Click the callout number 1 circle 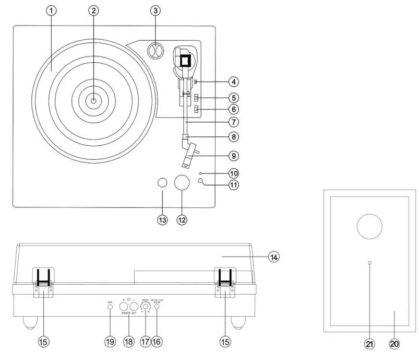pos(51,11)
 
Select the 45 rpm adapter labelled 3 pos(156,52)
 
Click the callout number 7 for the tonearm pos(234,122)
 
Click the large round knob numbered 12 pos(182,183)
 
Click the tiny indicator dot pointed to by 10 pos(200,172)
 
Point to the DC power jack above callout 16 pos(157,307)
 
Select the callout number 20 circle pos(394,343)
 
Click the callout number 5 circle pos(234,97)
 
